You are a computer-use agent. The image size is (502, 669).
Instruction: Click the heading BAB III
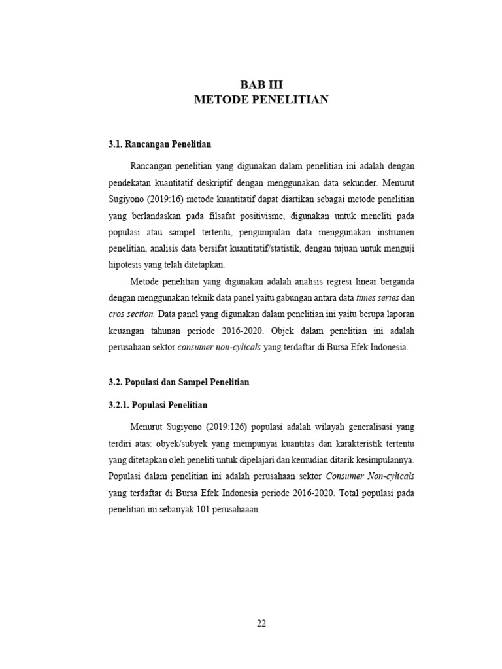click(261, 84)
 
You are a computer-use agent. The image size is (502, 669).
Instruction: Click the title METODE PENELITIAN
click(261, 100)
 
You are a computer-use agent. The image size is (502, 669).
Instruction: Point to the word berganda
click(394, 280)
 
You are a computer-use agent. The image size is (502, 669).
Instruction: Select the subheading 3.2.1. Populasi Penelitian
click(158, 405)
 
